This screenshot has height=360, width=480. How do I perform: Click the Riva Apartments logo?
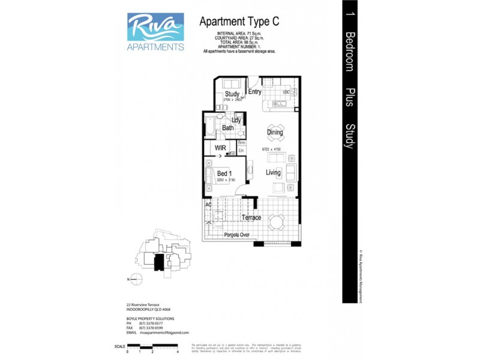pos(155,31)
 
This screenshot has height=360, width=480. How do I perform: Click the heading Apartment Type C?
pos(239,22)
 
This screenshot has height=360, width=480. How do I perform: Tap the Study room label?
pos(232,94)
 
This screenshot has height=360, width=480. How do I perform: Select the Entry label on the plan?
pos(254,92)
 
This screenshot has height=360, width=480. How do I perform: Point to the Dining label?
pos(275,132)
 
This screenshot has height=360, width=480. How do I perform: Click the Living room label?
pos(274,173)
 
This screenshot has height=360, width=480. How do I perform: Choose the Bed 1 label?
pos(224,173)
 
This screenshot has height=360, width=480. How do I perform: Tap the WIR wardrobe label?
pos(220,147)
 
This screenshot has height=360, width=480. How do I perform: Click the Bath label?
pos(228,128)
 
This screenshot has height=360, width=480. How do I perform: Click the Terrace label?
pos(251,217)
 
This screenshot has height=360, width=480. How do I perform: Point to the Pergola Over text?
pos(237,235)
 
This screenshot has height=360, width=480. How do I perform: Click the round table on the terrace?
pos(276,223)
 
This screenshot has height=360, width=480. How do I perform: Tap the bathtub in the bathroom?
pos(210,127)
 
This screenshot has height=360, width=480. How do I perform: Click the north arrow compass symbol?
pos(136,279)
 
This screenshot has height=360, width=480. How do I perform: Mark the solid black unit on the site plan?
pos(159,262)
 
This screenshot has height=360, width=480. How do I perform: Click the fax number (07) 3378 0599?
pos(151,328)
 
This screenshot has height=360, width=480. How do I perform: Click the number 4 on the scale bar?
pos(179,352)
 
